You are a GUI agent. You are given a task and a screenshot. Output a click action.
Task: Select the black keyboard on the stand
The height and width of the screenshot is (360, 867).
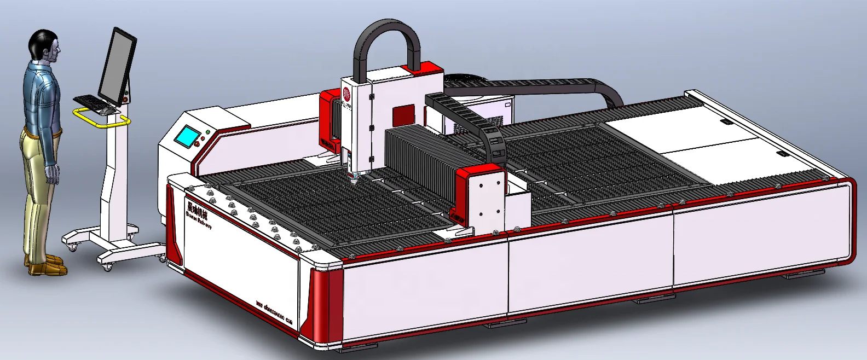tap(88, 102)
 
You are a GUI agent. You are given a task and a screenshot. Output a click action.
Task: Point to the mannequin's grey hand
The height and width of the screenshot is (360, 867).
tap(53, 175)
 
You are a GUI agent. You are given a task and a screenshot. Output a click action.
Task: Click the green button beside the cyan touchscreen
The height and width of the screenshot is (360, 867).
tap(207, 132)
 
